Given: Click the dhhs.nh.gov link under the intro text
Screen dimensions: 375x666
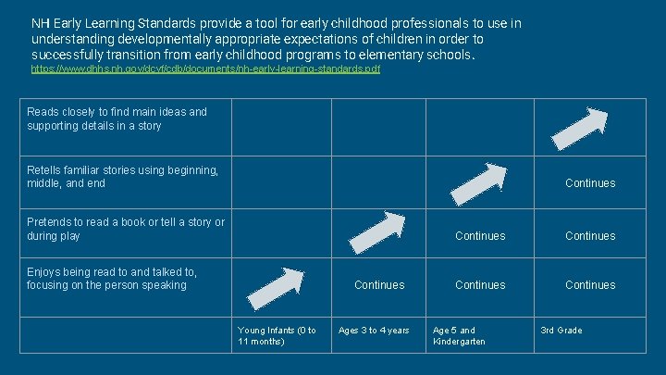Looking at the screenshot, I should pos(205,69).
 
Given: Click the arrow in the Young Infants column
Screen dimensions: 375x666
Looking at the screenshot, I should pos(276,288).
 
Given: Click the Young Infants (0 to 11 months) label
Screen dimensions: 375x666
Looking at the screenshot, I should pos(277,335).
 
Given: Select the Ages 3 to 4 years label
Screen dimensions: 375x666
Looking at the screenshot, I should pos(374,331).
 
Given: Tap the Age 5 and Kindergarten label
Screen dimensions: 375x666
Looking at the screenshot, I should pos(459,335).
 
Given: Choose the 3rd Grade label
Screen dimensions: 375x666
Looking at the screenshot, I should pos(561,331).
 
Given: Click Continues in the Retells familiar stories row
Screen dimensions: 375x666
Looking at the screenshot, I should pos(589,183).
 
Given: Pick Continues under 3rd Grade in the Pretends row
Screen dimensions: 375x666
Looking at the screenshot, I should pos(589,236).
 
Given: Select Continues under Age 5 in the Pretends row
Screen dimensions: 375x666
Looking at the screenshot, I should pos(480,236).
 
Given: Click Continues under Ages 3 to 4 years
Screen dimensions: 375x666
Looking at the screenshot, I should pos(379,285).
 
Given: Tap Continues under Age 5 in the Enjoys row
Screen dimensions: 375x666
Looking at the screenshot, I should pos(480,285).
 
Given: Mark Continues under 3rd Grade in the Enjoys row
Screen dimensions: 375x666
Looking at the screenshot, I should pos(589,285).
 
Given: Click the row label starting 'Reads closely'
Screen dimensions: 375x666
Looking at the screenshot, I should pos(117,119).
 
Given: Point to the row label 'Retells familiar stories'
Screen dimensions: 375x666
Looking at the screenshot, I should pos(122,177).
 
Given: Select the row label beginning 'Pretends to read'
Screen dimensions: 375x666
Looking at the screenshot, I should pos(125,229).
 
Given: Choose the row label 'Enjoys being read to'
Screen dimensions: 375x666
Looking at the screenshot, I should pos(111,278).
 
